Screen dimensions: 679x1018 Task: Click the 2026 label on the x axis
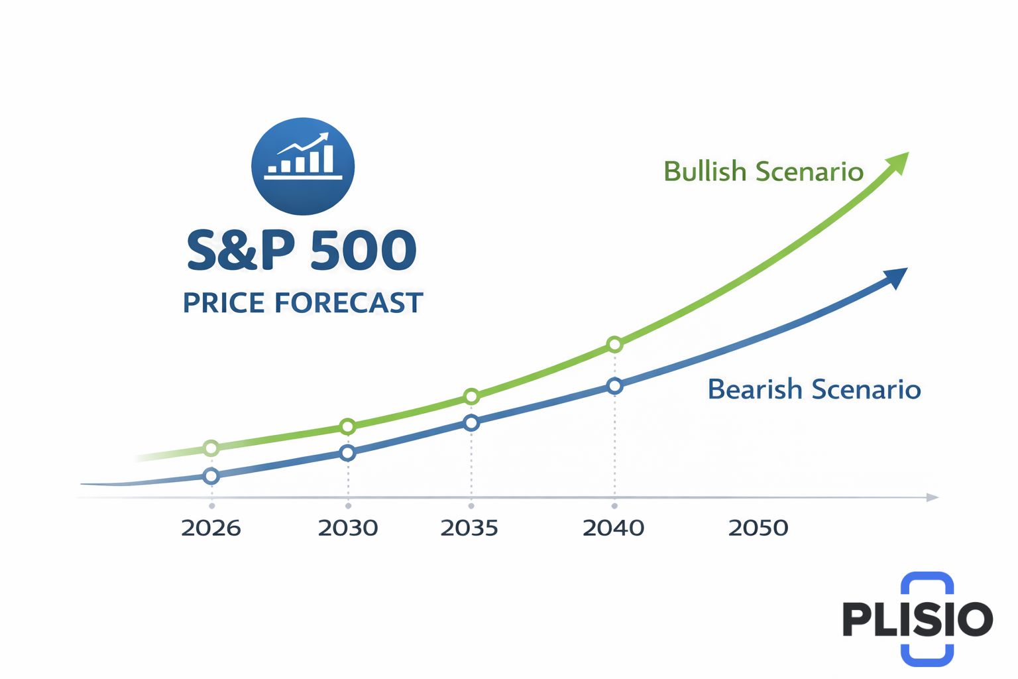(x=211, y=528)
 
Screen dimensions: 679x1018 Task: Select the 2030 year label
(x=348, y=528)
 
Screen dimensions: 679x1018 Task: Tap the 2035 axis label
(x=469, y=528)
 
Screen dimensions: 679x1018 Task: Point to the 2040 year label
(x=613, y=528)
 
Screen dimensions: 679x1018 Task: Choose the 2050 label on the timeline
(x=758, y=528)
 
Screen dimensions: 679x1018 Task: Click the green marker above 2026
(x=211, y=448)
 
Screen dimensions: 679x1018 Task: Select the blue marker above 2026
(x=211, y=475)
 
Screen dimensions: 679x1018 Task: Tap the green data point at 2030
(x=347, y=426)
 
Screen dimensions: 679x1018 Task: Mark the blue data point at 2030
(x=347, y=453)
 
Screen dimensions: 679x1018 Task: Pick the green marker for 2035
(x=471, y=397)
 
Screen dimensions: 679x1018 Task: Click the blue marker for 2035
(x=471, y=422)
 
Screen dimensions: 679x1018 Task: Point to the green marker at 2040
(x=614, y=344)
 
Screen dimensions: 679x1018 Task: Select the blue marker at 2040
(x=614, y=385)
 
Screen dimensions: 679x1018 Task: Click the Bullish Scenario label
(x=763, y=172)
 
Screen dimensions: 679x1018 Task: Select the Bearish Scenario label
(x=814, y=389)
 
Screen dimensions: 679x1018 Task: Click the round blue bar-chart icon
(x=303, y=166)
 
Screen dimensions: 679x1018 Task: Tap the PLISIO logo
(x=918, y=619)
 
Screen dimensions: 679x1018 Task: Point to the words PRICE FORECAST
(x=303, y=303)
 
